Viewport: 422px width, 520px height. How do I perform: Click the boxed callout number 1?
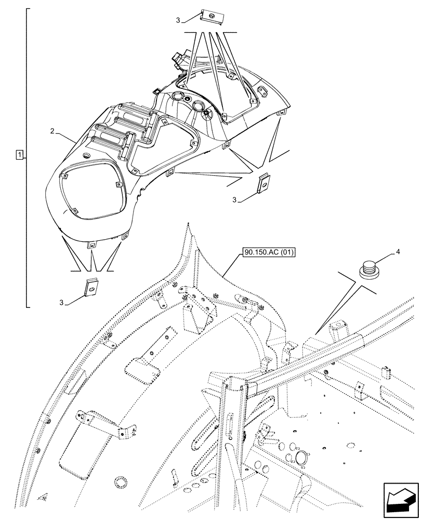point(19,155)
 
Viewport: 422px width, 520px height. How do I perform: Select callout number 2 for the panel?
point(52,131)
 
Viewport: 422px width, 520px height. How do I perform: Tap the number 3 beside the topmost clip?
point(178,20)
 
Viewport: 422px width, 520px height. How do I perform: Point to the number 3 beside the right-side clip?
point(235,200)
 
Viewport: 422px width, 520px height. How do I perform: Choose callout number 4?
point(398,252)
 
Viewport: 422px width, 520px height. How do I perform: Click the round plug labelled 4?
point(368,270)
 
